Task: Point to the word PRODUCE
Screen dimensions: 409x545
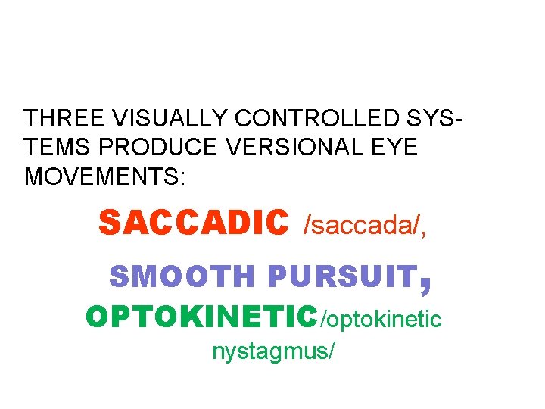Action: (x=166, y=148)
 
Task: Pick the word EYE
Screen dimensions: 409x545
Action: (x=396, y=148)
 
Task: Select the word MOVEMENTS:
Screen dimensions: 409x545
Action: (x=104, y=176)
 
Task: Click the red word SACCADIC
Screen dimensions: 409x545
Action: (x=194, y=223)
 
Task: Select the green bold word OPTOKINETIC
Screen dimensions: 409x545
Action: (x=203, y=317)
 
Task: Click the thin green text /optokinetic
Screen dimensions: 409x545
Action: (x=381, y=320)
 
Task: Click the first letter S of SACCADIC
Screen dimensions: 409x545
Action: (x=110, y=223)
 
